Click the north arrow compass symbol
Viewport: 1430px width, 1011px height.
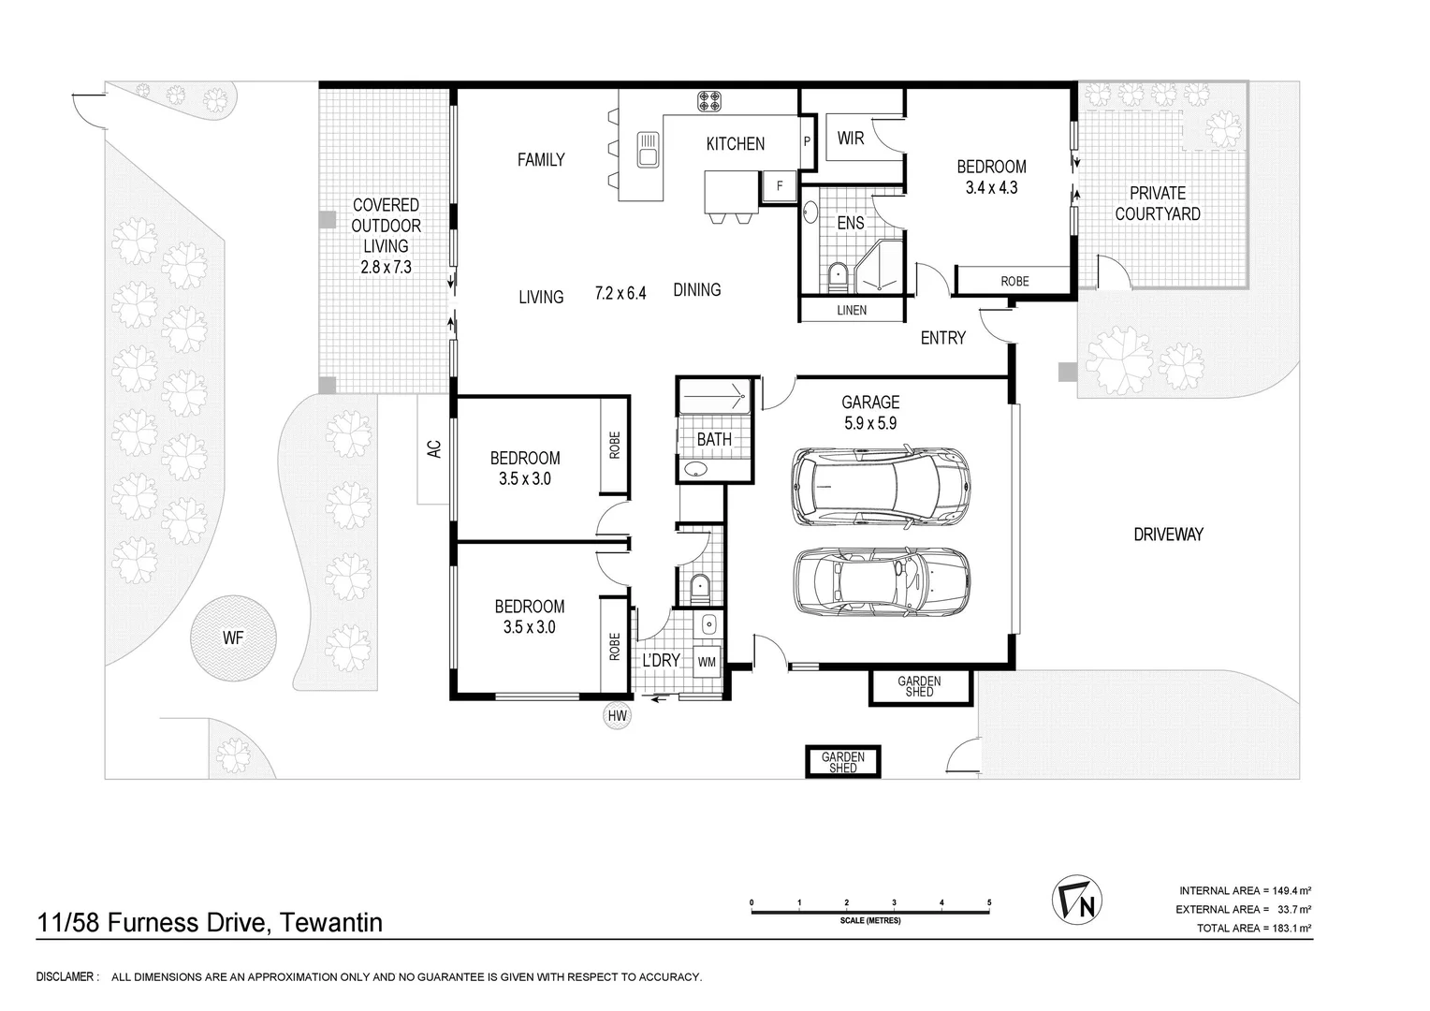point(1077,900)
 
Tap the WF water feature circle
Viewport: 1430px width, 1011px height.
point(233,638)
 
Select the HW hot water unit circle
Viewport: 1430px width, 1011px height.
point(618,716)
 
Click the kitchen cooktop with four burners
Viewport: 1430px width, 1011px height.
point(709,101)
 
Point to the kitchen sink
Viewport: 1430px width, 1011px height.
point(648,149)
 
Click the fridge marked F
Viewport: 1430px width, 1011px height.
point(780,186)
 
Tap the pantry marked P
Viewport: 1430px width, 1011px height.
point(807,141)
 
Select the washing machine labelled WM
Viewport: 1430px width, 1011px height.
point(707,662)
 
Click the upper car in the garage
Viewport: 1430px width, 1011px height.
point(881,487)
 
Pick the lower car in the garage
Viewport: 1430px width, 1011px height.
point(882,582)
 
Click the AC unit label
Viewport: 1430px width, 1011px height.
point(434,449)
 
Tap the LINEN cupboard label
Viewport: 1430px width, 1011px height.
point(852,311)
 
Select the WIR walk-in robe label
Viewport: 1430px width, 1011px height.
point(851,138)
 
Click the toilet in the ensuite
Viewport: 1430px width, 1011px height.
point(837,278)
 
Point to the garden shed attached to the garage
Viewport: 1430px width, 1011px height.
point(920,686)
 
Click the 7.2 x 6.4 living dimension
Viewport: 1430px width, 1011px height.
point(620,293)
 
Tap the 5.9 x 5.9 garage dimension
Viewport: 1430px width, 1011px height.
point(870,423)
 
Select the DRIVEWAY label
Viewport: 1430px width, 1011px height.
point(1168,535)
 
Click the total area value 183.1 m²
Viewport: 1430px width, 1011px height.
point(1291,928)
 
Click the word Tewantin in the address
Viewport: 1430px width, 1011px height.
point(331,922)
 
